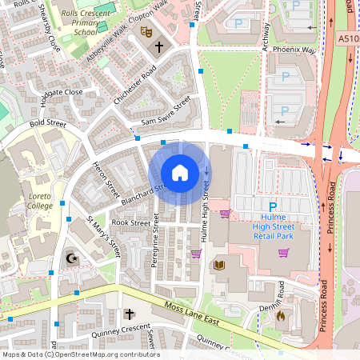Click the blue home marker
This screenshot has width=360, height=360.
(x=179, y=173)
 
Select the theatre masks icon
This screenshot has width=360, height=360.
(x=146, y=31)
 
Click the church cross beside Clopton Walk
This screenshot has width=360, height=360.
(x=158, y=46)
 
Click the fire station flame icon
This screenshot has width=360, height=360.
(x=280, y=315)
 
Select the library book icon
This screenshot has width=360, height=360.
(x=219, y=265)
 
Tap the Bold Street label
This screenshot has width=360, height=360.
(x=48, y=124)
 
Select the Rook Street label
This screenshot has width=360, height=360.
(x=130, y=222)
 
